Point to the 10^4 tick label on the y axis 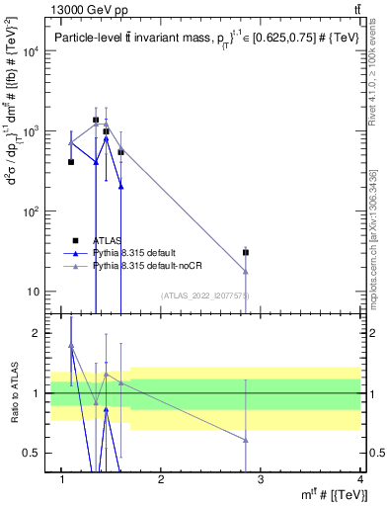click(x=30, y=51)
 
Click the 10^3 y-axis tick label click(x=30, y=131)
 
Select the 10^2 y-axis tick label click(x=30, y=211)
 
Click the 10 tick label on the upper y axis click(x=33, y=292)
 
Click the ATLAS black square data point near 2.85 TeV click(x=246, y=252)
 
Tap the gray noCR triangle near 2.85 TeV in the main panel click(x=246, y=272)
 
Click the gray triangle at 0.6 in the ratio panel click(x=246, y=440)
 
